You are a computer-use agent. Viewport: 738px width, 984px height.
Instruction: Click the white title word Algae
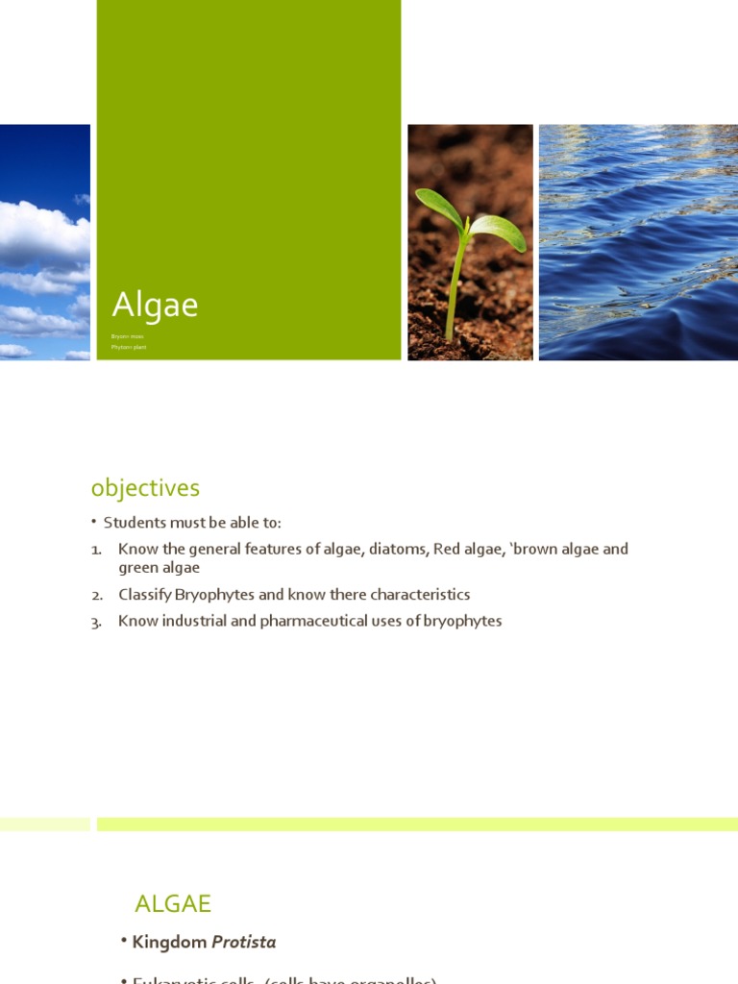(155, 306)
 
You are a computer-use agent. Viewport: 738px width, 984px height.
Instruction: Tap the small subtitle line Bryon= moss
(127, 336)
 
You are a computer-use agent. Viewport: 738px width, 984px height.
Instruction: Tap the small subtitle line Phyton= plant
(129, 346)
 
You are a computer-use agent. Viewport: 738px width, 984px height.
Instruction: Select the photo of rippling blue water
(638, 242)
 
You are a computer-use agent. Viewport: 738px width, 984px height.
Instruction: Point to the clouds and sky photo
(44, 242)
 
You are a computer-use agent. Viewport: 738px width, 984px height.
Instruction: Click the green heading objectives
(145, 488)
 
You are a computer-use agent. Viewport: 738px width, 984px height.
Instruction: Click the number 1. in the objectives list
(97, 550)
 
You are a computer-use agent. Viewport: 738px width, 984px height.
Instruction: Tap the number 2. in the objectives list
(97, 596)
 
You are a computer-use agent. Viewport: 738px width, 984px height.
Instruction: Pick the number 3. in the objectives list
(97, 622)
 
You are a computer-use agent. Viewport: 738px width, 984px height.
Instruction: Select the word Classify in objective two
(144, 595)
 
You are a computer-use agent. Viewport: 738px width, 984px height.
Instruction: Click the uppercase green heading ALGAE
(173, 903)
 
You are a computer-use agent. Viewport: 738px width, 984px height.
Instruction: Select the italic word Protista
(244, 943)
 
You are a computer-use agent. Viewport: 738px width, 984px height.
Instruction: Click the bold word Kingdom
(169, 943)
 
